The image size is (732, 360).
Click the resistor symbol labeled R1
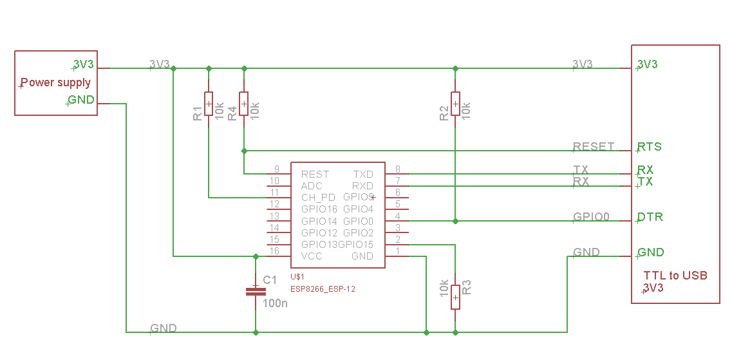click(208, 104)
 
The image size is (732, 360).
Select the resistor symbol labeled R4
click(243, 104)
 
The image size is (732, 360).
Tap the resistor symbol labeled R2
click(455, 104)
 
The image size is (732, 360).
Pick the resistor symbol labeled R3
click(455, 297)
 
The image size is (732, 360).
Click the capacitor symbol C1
click(256, 292)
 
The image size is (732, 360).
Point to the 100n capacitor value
click(276, 303)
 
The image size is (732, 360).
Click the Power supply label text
click(56, 82)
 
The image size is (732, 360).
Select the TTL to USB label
click(675, 275)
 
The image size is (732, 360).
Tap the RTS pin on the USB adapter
click(650, 146)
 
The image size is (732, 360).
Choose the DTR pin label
click(650, 216)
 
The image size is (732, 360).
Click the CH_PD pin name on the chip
click(318, 197)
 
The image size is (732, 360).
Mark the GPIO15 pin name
click(355, 244)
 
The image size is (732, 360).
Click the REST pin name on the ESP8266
click(315, 174)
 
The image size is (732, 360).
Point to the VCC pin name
click(312, 256)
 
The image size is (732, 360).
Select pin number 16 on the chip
click(274, 251)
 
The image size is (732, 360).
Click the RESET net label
click(594, 146)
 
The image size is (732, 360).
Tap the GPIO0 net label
click(591, 216)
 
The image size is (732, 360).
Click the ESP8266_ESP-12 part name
click(323, 289)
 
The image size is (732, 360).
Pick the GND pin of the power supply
click(81, 100)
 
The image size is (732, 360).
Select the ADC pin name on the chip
click(312, 185)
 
